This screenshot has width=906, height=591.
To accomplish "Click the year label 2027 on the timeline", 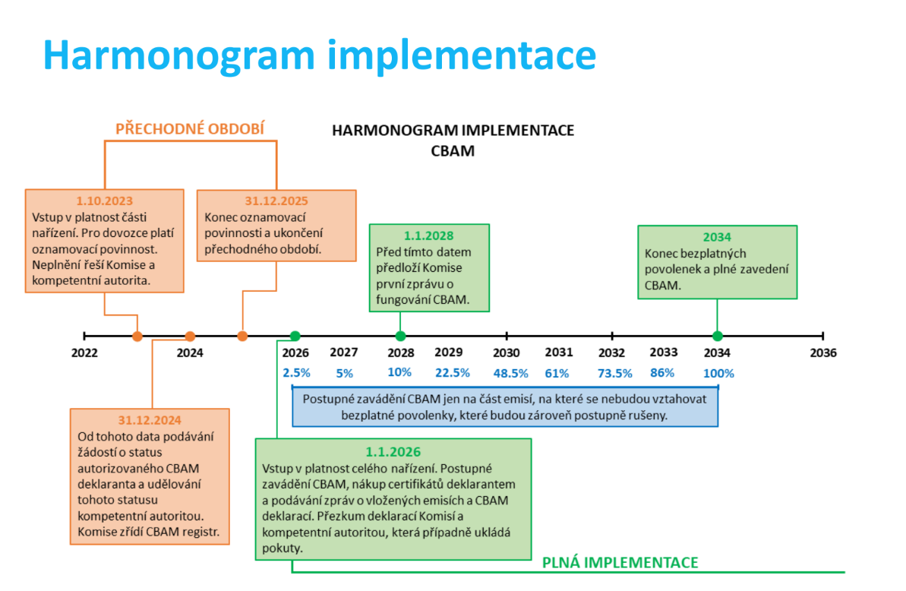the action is pos(344,352).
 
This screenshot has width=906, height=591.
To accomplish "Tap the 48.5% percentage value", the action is pos(511,373).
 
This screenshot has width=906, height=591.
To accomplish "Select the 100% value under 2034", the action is pos(718,373).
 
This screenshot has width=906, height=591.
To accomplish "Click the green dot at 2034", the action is pos(718,336).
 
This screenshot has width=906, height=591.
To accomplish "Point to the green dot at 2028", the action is pos(400,336).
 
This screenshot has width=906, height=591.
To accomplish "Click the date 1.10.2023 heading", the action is pos(105,201).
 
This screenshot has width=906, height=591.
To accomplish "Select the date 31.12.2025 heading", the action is pos(276,201).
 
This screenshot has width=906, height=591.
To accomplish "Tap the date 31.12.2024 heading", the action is pos(150,420).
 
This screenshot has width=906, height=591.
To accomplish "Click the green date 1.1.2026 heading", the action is pos(393,452).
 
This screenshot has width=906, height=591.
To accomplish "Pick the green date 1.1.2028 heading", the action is pos(429,235).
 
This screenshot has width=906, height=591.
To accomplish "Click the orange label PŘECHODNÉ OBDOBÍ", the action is pos(190,128).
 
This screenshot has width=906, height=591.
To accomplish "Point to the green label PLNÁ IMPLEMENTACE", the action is pos(620,562).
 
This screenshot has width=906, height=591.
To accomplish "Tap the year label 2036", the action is pos(822,352).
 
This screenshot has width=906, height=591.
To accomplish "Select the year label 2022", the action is pos(84,352).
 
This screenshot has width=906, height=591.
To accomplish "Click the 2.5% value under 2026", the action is pos(296,373).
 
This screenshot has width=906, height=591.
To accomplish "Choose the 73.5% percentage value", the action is pos(615,373).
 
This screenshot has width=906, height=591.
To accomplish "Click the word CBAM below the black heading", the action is pos(453,150).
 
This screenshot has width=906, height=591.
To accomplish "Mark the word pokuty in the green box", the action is pos(283,548).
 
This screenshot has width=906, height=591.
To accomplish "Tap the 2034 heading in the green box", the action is pos(717,237).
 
